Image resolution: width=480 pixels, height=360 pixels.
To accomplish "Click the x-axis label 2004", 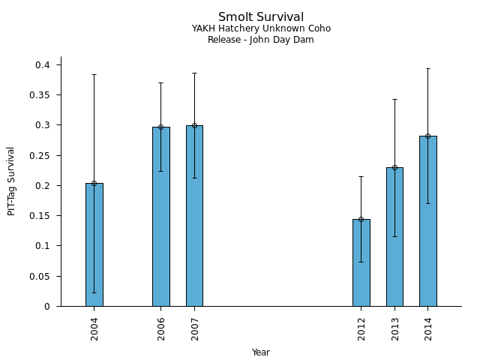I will (x=94, y=328).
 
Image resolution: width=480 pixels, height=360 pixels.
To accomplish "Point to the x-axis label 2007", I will (x=194, y=328).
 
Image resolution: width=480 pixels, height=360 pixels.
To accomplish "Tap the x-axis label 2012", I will (x=361, y=328).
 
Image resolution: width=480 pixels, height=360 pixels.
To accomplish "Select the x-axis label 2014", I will (x=428, y=328).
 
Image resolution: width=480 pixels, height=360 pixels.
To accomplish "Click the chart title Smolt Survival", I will (x=261, y=17).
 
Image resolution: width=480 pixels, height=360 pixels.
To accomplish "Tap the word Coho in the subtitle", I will (x=319, y=28).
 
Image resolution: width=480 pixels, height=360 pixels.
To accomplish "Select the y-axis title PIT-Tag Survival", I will (x=11, y=181).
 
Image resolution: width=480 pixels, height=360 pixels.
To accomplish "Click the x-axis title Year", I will (x=261, y=352).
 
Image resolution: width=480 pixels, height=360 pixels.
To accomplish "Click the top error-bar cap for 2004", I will (x=94, y=75).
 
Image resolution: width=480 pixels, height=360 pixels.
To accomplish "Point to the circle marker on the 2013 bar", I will (x=394, y=167).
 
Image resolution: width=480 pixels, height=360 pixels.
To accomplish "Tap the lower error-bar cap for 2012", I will (x=361, y=262).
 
